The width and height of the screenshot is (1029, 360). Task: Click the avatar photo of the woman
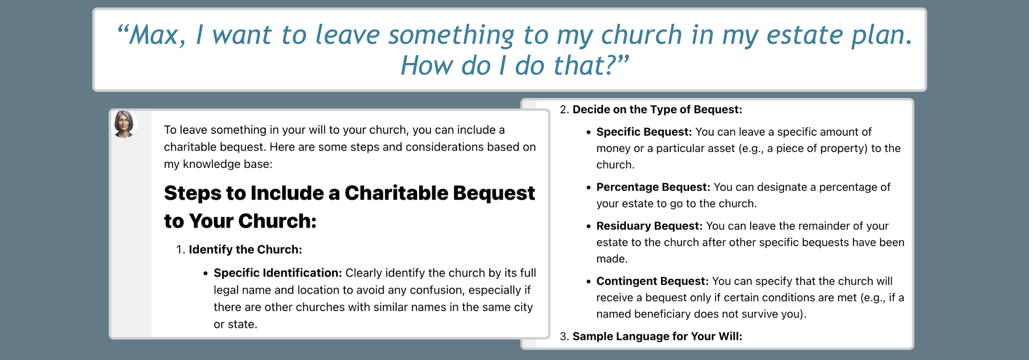(x=124, y=124)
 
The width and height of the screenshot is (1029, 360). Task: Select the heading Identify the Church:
(x=245, y=249)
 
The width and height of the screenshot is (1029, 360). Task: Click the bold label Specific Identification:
(x=278, y=273)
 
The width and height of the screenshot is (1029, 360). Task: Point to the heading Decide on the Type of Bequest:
(x=657, y=110)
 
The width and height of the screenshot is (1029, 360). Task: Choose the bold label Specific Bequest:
(x=644, y=132)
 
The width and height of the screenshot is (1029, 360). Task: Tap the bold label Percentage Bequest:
(x=654, y=187)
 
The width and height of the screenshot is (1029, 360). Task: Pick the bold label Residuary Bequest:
(x=649, y=226)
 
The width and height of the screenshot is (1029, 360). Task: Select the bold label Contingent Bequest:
(x=653, y=281)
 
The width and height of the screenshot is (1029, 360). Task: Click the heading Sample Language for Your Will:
(x=657, y=336)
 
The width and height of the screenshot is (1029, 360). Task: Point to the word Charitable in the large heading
(x=396, y=193)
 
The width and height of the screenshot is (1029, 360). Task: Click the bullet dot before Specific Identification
(x=205, y=273)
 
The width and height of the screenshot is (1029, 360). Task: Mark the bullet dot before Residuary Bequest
(x=588, y=226)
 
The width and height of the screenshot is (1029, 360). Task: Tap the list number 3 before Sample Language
(x=564, y=336)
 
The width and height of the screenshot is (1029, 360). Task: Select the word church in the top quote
(x=641, y=35)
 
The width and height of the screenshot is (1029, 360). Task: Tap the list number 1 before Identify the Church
(x=180, y=249)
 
